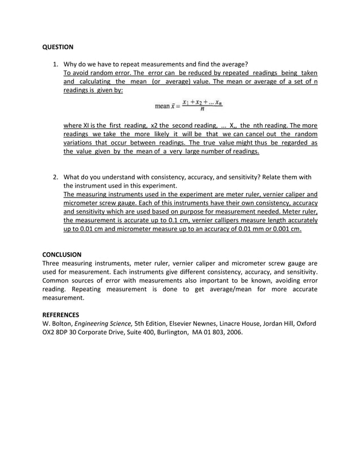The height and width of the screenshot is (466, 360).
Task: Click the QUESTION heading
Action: click(58, 47)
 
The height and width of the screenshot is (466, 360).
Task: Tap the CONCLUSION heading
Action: click(62, 254)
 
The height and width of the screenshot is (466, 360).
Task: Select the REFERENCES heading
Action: click(61, 314)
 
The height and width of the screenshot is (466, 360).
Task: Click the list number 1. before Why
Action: click(56, 64)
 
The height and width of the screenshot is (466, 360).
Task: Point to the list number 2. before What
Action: click(56, 177)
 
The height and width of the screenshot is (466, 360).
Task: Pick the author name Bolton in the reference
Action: click(63, 324)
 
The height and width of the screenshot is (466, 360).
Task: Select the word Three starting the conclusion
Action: click(52, 263)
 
